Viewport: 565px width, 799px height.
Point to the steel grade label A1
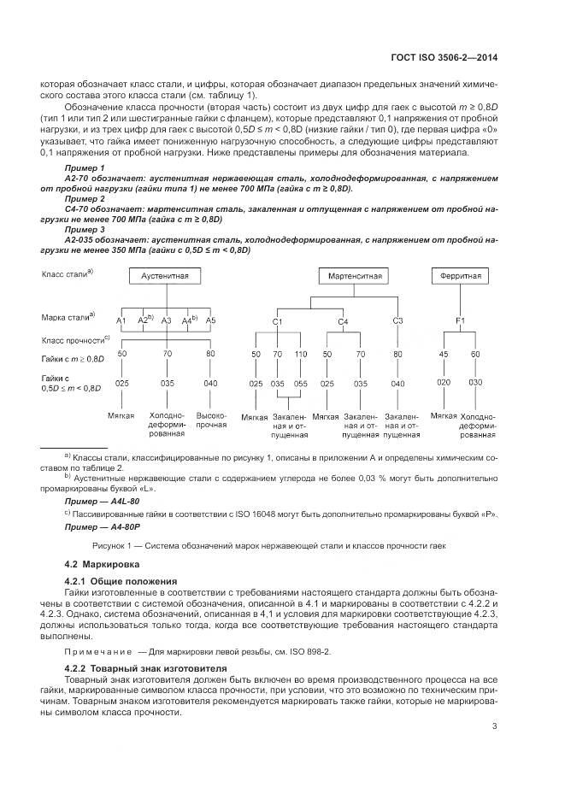click(x=121, y=320)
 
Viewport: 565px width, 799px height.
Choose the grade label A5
click(x=211, y=320)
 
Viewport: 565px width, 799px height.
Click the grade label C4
click(x=343, y=321)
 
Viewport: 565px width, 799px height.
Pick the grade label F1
click(x=461, y=321)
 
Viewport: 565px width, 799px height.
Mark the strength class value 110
click(x=301, y=354)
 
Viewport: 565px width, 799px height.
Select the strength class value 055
click(x=301, y=385)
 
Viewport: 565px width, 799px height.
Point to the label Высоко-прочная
click(x=211, y=419)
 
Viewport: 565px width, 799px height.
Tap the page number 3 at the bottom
click(x=495, y=727)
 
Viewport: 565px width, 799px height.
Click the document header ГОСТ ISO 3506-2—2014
click(x=442, y=58)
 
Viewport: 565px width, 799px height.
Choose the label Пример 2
click(x=85, y=198)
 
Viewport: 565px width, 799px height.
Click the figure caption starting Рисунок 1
click(x=282, y=546)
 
